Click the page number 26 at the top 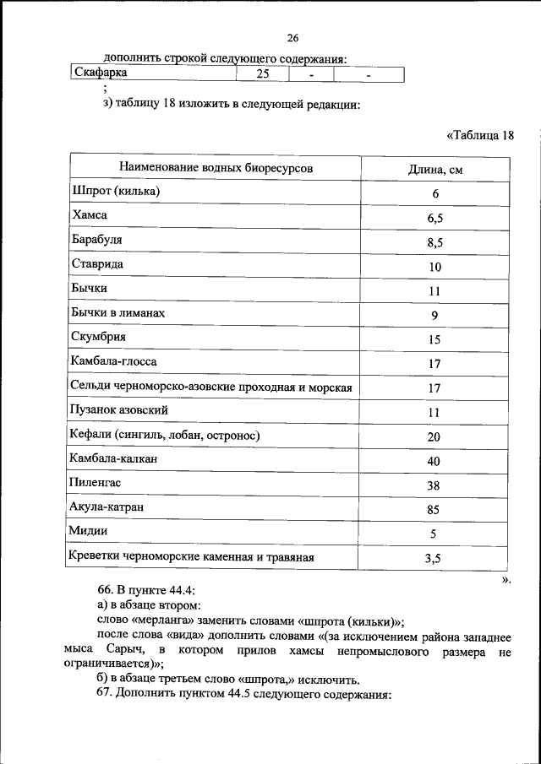tap(293, 38)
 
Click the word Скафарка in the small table tap(101, 73)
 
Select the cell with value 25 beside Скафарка tap(263, 74)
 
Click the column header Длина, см tap(435, 169)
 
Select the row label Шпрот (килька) tap(116, 192)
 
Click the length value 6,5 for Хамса tap(435, 219)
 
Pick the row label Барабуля tap(97, 241)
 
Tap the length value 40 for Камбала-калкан tap(435, 461)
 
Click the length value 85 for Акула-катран tap(435, 510)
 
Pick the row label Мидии tap(90, 532)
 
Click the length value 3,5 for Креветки tap(435, 559)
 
